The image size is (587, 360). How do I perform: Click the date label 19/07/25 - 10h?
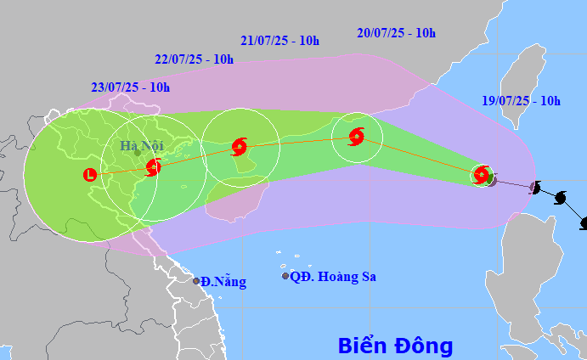coord(520,101)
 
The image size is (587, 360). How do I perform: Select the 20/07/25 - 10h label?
coord(397,34)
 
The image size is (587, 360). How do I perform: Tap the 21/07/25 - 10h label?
coord(279,41)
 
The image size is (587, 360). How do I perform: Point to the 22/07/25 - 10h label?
coord(195,59)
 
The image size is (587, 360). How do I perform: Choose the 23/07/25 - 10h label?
coord(130,87)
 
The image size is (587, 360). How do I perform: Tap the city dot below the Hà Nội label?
coord(137,155)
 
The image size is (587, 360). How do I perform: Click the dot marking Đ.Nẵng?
coord(196,281)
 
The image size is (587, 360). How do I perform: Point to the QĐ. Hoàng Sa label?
coord(333,277)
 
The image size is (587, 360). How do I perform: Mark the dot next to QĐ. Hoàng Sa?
coord(285,276)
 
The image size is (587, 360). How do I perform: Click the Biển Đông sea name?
coord(395,346)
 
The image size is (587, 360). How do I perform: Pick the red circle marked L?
coord(90,175)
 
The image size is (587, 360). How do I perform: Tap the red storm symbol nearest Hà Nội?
coord(153,167)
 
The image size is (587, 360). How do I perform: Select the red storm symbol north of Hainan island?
coord(239,147)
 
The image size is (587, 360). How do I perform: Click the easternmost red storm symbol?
coord(482,176)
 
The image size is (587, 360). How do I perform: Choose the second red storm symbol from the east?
coord(356,136)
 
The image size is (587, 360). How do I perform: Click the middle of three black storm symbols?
coord(561,199)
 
